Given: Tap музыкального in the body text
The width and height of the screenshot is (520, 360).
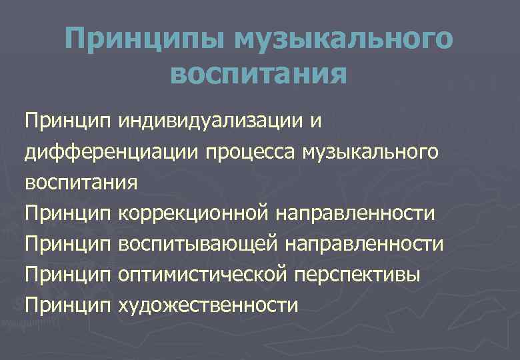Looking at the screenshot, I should pyautogui.click(x=371, y=152).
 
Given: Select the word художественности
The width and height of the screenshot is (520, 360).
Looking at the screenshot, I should pyautogui.click(x=207, y=305).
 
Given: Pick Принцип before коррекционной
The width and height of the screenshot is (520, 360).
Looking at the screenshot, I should pyautogui.click(x=67, y=213).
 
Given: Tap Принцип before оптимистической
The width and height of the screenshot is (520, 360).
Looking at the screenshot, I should pyautogui.click(x=67, y=275).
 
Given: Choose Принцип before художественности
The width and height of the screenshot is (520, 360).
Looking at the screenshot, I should pyautogui.click(x=67, y=305).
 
